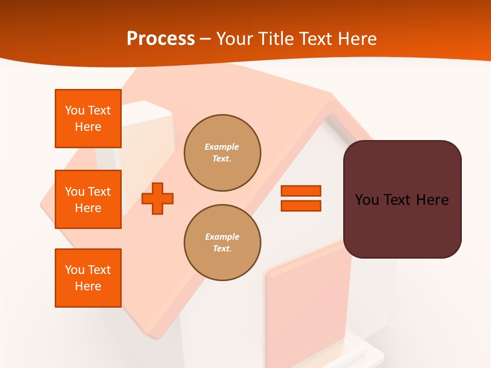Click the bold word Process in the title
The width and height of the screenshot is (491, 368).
[161, 39]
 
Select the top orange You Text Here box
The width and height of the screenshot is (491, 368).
[88, 119]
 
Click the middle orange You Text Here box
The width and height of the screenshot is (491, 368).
[88, 199]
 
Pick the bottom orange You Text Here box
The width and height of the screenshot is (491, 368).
[88, 278]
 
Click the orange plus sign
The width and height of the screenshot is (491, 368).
[158, 198]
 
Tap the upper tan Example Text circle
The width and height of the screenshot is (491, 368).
[222, 153]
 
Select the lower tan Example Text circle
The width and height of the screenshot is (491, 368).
[222, 243]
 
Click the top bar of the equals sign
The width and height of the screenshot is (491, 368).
[301, 191]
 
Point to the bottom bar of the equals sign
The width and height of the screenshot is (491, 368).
[301, 205]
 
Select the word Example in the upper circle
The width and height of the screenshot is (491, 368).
[222, 147]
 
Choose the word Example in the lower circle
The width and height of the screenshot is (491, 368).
[222, 237]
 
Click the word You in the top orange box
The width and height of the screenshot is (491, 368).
[75, 110]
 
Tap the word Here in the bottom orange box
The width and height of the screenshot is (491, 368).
[88, 286]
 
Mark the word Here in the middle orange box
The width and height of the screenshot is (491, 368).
[88, 208]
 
